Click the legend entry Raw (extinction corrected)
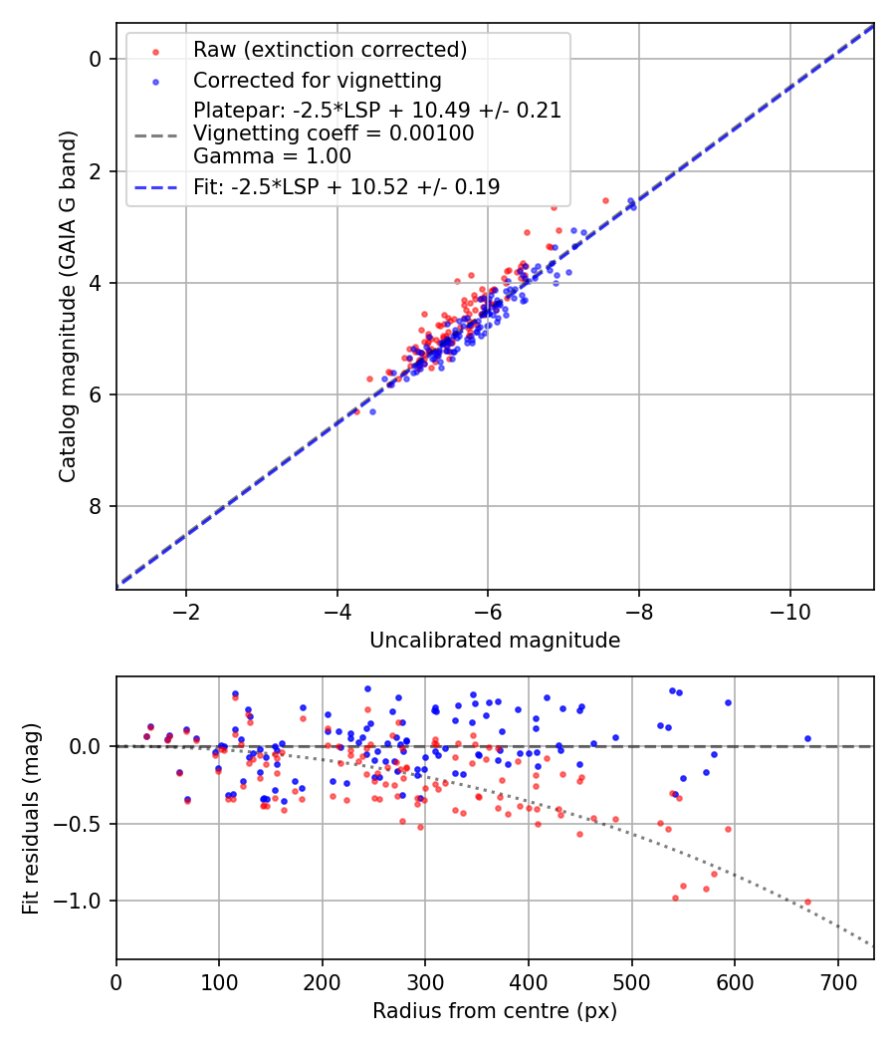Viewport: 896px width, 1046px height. (330, 50)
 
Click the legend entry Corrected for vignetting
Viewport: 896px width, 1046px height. (318, 80)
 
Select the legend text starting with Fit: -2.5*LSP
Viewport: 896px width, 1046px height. (346, 186)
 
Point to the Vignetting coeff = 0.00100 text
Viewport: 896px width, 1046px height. (334, 132)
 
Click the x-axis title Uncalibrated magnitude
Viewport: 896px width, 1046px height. (495, 641)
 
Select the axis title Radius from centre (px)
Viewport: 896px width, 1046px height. (495, 1011)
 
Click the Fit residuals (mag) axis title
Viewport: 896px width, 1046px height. (31, 818)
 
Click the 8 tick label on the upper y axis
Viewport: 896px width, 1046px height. (95, 507)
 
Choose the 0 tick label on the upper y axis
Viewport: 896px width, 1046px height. (95, 60)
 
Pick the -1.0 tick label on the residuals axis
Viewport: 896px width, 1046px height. (86, 902)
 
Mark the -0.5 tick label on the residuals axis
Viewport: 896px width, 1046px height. (86, 824)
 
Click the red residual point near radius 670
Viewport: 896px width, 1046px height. (807, 902)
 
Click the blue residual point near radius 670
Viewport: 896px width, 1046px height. (807, 739)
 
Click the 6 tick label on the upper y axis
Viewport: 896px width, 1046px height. (95, 395)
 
